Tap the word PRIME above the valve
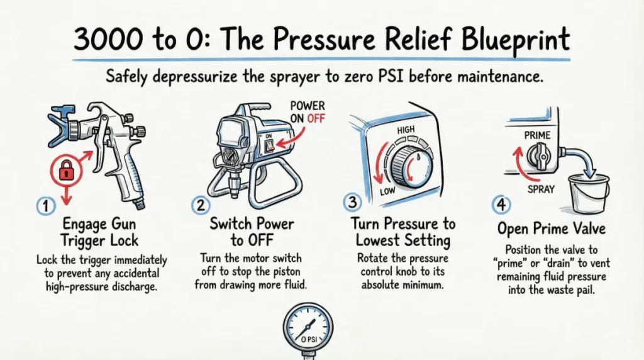(537, 135)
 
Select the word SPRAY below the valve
(541, 189)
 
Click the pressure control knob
(411, 165)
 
